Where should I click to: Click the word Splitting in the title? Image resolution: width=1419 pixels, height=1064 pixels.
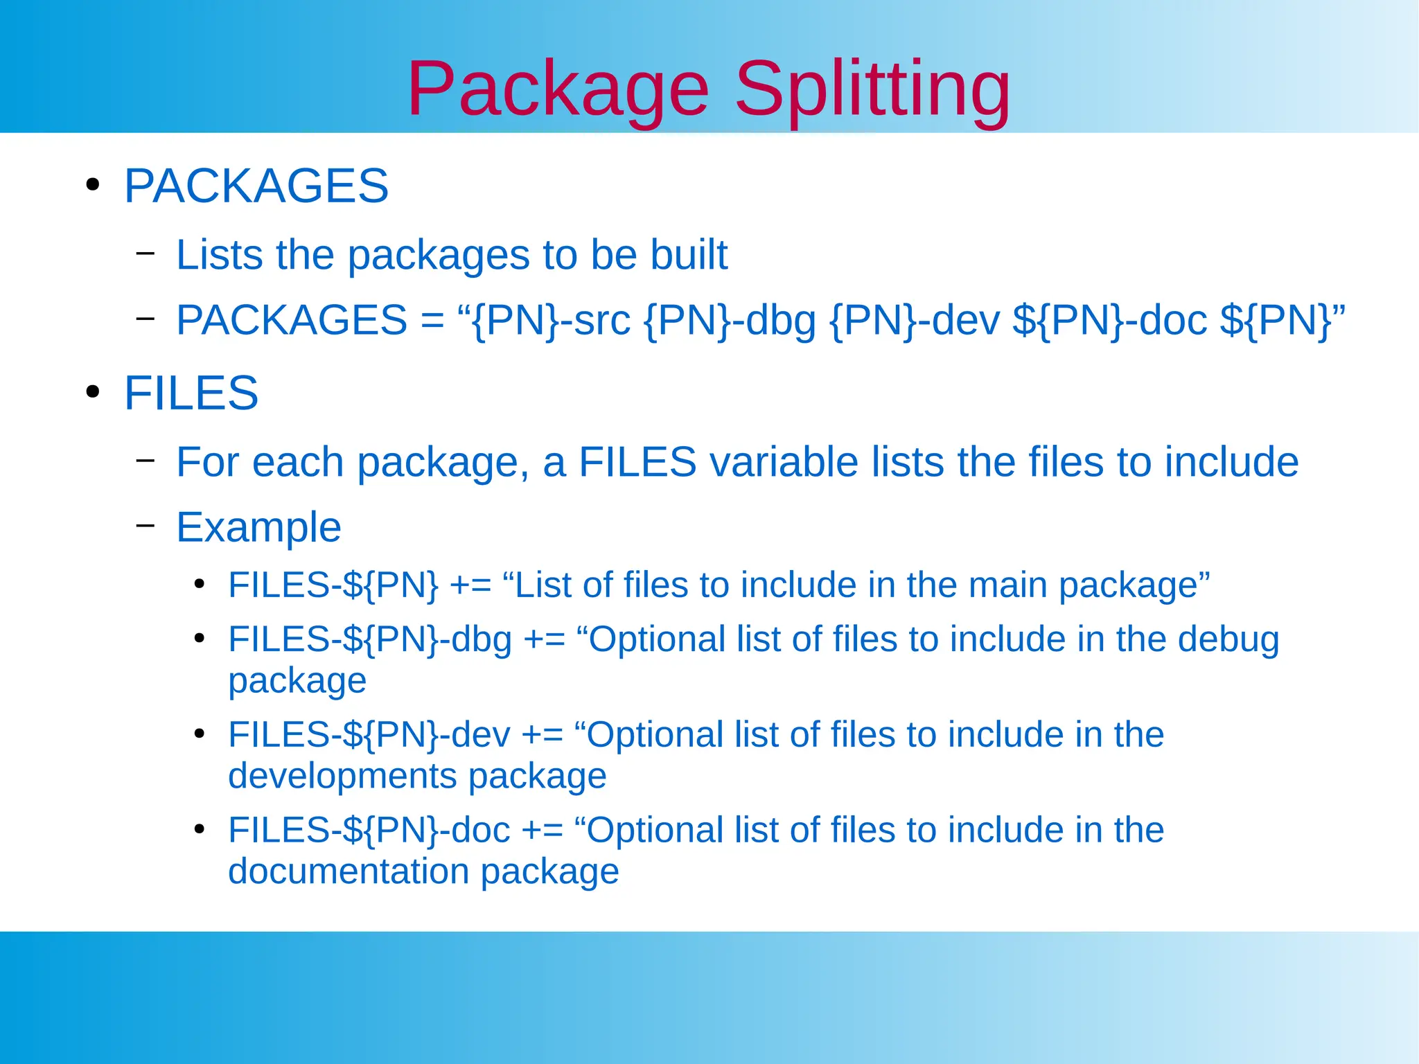click(x=872, y=90)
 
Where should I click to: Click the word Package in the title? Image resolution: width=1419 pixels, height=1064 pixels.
click(x=558, y=90)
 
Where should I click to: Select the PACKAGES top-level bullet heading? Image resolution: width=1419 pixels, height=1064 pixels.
click(x=256, y=186)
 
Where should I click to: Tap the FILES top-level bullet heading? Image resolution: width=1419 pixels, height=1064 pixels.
click(x=191, y=393)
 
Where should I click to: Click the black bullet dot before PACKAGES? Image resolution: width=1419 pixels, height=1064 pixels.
click(x=92, y=185)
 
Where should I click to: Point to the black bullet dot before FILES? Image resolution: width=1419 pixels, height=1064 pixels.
click(x=92, y=392)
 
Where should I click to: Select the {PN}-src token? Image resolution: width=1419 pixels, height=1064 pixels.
click(x=551, y=320)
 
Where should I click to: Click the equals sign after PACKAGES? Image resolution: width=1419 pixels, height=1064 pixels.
click(x=432, y=321)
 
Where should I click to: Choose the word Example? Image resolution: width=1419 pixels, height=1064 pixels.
click(x=258, y=528)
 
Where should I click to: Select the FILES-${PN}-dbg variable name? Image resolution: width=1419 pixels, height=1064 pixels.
click(x=370, y=639)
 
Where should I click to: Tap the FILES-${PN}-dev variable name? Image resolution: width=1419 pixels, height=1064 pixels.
click(x=369, y=735)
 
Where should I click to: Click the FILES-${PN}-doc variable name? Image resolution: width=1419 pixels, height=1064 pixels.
click(x=369, y=831)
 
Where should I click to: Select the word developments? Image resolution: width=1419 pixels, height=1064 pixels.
click(x=342, y=776)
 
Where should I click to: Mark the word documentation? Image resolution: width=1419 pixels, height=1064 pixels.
click(x=349, y=871)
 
